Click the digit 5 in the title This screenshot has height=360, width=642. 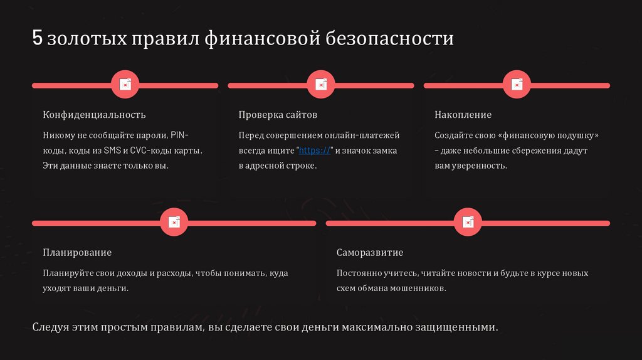tap(37, 39)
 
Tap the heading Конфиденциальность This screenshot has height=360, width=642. tap(94, 115)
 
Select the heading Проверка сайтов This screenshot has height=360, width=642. tap(278, 115)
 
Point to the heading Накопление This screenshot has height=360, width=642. tap(463, 115)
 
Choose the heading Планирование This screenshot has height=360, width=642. tap(77, 253)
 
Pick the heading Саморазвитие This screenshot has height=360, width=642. tap(369, 253)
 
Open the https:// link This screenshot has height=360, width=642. tap(314, 151)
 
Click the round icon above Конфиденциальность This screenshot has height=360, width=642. tap(125, 85)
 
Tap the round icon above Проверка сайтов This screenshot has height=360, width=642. tap(321, 85)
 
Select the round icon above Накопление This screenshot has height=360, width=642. tap(517, 85)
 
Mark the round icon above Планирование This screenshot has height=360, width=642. tap(174, 223)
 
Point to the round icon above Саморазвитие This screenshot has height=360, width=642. tap(468, 223)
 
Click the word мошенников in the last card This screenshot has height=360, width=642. tap(416, 289)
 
